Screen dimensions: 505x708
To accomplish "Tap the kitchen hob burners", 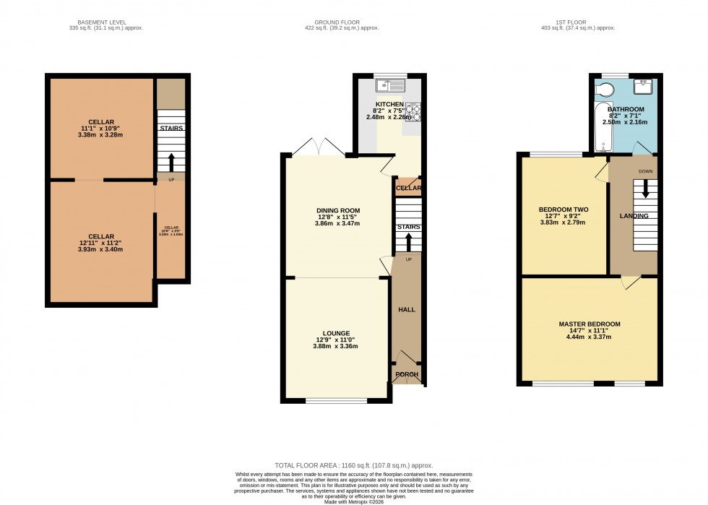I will coord(413,112).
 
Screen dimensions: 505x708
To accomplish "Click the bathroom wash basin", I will coord(643,87).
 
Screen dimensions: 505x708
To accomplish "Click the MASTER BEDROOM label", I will coord(589,324).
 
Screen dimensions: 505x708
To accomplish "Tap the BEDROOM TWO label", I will coord(564,210).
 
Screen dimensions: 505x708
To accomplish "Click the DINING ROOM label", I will coord(337,210).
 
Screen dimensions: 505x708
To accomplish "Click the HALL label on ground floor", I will coord(407,309).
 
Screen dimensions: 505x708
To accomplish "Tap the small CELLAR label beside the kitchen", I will coord(408,188).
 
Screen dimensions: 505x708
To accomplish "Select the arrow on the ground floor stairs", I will coord(408,241).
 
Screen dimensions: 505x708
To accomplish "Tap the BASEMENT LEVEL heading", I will coord(105,22).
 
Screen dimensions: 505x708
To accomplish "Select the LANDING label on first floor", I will coord(633,216).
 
